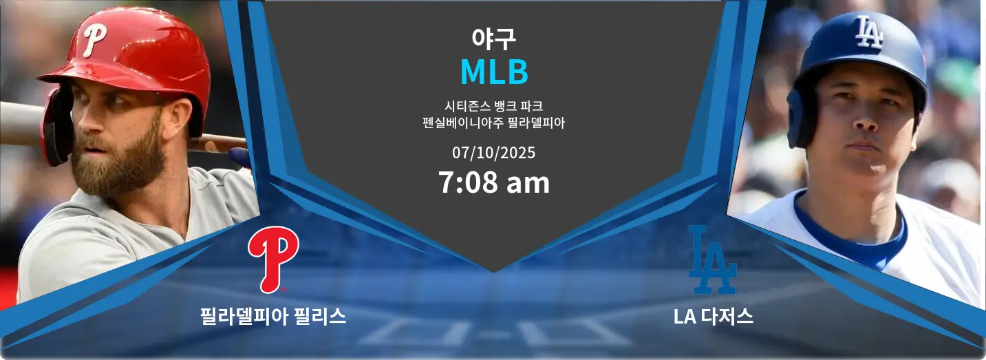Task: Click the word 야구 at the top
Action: click(x=493, y=39)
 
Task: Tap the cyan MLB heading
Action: click(x=494, y=72)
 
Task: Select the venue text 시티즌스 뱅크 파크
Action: click(x=493, y=106)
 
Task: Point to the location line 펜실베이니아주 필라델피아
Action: click(x=493, y=123)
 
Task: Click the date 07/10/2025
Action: click(x=493, y=153)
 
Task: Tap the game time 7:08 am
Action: click(x=494, y=182)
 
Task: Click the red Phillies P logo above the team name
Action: click(x=273, y=260)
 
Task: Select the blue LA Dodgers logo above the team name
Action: click(x=713, y=260)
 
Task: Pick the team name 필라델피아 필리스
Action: click(x=273, y=317)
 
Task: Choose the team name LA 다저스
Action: click(x=713, y=317)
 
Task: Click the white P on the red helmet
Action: click(x=94, y=40)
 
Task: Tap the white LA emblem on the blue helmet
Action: click(x=868, y=32)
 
